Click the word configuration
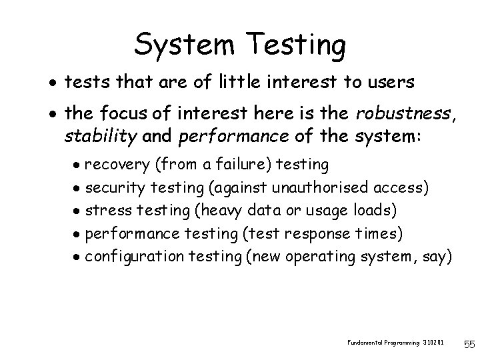[137, 257]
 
